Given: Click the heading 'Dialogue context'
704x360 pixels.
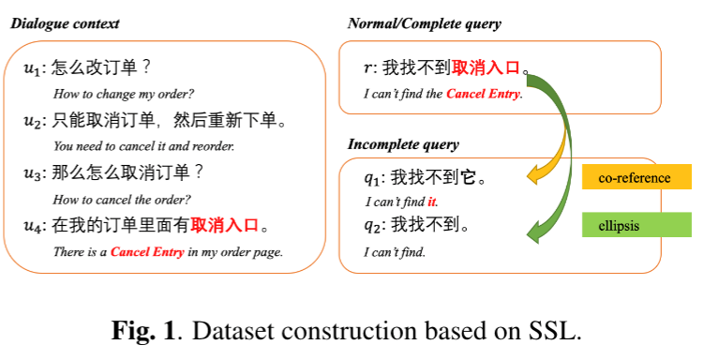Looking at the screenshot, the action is click(65, 23).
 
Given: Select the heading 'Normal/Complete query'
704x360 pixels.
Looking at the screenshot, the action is click(425, 23).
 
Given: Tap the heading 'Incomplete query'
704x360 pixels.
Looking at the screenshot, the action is click(403, 144).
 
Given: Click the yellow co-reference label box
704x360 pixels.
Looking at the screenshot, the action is click(637, 177).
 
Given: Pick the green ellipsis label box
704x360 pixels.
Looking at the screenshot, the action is click(637, 224).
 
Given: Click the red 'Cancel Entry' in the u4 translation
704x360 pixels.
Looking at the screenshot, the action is click(147, 252).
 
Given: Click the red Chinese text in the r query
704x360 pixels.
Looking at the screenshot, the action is click(486, 67).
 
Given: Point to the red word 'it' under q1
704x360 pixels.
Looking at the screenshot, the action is click(431, 202).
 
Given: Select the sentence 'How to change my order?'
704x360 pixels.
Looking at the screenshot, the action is click(124, 94).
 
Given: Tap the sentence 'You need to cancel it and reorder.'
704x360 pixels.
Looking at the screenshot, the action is click(143, 146).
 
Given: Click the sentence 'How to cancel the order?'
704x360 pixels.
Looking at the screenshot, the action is click(122, 200).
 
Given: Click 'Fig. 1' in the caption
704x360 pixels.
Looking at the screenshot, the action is click(142, 331).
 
